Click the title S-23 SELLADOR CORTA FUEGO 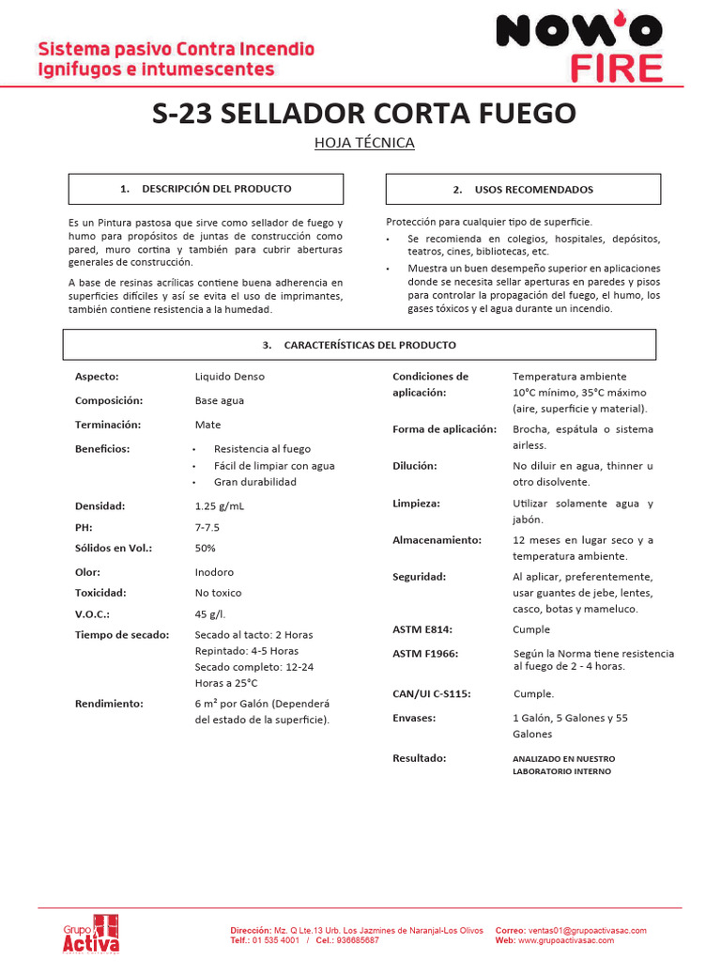(x=364, y=114)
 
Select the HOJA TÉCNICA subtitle (x=364, y=143)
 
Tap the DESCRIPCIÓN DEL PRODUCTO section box (x=206, y=189)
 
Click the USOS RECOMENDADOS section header (x=523, y=189)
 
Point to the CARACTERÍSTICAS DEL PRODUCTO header (x=360, y=345)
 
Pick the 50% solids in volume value (x=205, y=548)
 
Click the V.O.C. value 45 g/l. (x=210, y=613)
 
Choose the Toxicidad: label (x=101, y=593)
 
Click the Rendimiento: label (x=109, y=703)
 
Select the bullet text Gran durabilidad (x=254, y=482)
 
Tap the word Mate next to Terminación (x=207, y=425)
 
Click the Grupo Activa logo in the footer (x=91, y=933)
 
